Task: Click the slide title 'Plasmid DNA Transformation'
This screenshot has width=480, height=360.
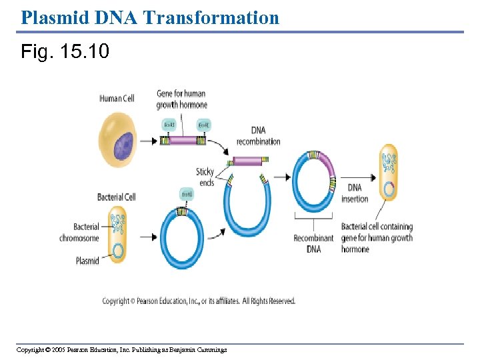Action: pyautogui.click(x=150, y=17)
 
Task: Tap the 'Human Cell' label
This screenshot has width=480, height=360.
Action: pyautogui.click(x=117, y=99)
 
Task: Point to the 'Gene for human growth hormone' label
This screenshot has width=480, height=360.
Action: pyautogui.click(x=181, y=99)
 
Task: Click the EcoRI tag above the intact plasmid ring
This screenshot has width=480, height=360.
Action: pyautogui.click(x=187, y=194)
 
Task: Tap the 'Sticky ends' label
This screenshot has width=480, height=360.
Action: pyautogui.click(x=205, y=177)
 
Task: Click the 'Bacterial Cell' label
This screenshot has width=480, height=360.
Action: pyautogui.click(x=116, y=197)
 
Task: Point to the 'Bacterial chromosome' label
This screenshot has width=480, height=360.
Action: pyautogui.click(x=79, y=233)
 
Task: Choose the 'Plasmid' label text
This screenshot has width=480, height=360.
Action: pyautogui.click(x=87, y=261)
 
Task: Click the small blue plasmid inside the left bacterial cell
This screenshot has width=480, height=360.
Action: pyautogui.click(x=119, y=251)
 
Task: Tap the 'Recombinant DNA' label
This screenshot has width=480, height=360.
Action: pyautogui.click(x=313, y=243)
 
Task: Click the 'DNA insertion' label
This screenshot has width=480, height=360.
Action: pyautogui.click(x=355, y=193)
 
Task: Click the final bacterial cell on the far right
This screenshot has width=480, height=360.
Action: pyautogui.click(x=388, y=173)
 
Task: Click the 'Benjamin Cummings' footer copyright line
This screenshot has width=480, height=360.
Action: pyautogui.click(x=121, y=350)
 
